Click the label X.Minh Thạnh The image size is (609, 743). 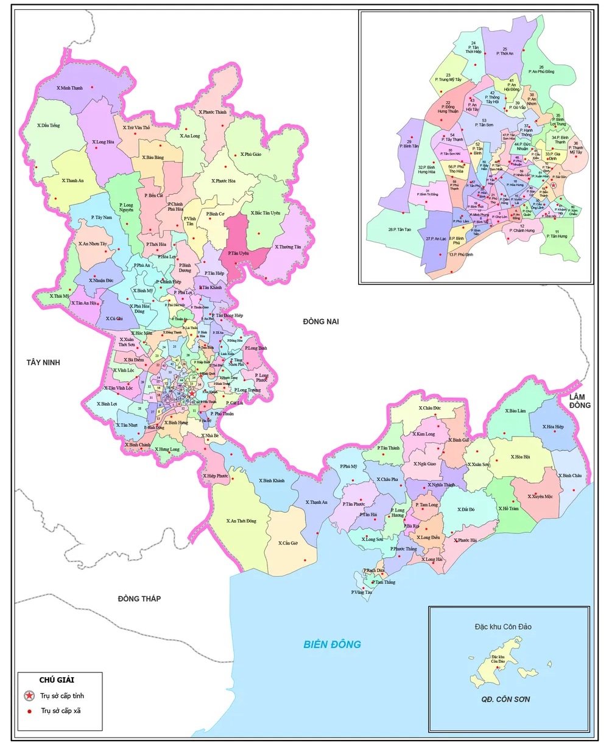click(x=69, y=88)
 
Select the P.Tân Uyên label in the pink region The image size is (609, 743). click(x=239, y=253)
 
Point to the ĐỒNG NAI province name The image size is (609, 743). click(x=320, y=322)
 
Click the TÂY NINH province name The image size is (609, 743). click(x=43, y=362)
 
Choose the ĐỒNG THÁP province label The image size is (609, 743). click(x=139, y=599)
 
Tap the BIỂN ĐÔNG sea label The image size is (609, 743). click(x=333, y=644)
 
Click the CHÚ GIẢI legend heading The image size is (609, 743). click(x=57, y=680)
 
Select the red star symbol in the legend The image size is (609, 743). click(x=29, y=695)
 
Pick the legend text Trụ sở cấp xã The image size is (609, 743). click(x=62, y=711)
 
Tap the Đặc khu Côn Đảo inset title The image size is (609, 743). click(x=503, y=627)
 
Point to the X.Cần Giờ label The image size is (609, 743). click(x=289, y=543)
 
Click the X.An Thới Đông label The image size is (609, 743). click(x=241, y=521)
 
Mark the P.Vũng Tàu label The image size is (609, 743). click(x=361, y=592)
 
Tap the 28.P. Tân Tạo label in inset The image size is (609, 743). click(x=400, y=230)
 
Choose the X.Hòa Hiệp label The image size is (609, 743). click(x=553, y=427)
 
